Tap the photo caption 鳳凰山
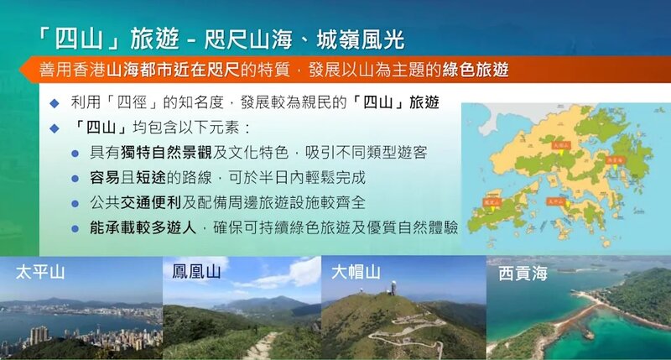click(x=196, y=272)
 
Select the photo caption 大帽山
click(x=356, y=272)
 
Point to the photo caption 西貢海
click(x=523, y=273)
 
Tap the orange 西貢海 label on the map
click(x=615, y=159)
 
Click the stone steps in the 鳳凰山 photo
click(x=260, y=345)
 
